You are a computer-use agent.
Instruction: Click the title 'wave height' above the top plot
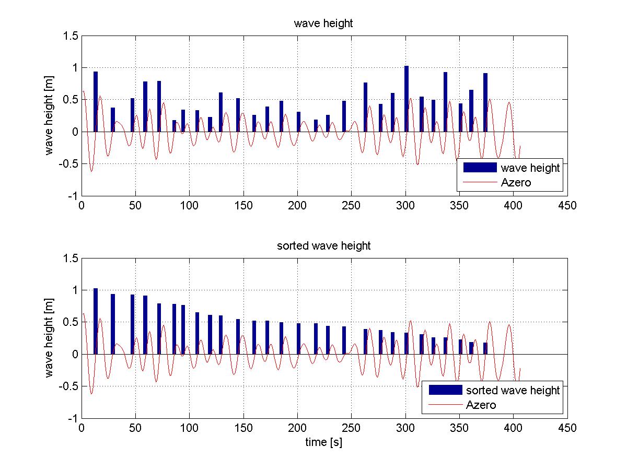pos(323,23)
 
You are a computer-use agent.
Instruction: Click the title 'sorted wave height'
pos(323,245)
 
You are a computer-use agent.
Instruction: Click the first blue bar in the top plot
pos(96,101)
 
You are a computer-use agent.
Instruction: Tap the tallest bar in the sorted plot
pos(96,321)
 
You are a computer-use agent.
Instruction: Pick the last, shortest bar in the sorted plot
pos(485,348)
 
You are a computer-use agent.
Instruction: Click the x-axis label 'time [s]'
pos(323,442)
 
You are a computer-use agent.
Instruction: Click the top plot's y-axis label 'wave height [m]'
pos(50,115)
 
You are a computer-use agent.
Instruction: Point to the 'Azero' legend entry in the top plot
pos(516,183)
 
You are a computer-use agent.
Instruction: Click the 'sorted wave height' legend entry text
pos(513,390)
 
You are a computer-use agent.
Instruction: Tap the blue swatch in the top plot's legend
pos(479,168)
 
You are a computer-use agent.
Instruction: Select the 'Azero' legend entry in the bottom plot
pos(481,405)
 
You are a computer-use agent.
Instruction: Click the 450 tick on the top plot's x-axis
pos(567,205)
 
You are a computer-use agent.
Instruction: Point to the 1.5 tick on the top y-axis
pos(71,36)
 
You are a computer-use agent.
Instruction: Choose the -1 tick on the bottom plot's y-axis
pos(73,419)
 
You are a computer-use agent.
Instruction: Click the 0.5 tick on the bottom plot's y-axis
pos(71,322)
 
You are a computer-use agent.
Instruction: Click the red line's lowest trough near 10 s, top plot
pos(91,171)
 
